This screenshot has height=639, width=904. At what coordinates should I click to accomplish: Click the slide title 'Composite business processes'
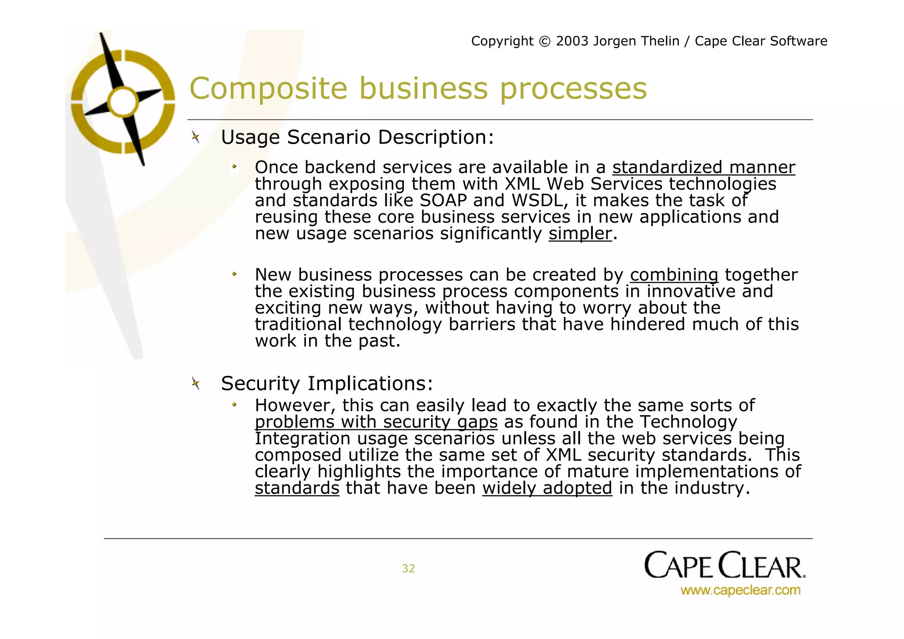[x=418, y=88]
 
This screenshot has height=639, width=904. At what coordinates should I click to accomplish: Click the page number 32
[x=408, y=568]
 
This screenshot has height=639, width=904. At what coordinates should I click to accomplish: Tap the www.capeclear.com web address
[x=740, y=590]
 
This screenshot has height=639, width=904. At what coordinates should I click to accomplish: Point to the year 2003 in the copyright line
[x=572, y=41]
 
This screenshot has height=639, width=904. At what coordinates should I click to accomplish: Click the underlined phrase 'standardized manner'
[x=703, y=168]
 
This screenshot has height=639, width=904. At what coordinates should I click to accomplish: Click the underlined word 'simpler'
[x=580, y=234]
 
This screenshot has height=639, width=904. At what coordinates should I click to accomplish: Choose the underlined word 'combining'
[x=674, y=275]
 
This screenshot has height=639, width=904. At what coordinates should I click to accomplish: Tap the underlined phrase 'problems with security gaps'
[x=376, y=422]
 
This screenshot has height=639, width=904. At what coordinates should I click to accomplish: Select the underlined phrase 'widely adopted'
[x=547, y=488]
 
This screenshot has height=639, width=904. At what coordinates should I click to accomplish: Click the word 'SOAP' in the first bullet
[x=443, y=201]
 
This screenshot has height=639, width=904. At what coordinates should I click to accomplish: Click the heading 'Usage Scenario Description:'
[x=357, y=137]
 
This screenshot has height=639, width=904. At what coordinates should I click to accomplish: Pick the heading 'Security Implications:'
[x=327, y=383]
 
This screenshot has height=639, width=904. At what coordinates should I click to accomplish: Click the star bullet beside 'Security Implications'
[x=196, y=383]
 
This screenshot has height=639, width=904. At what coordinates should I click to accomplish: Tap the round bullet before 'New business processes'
[x=234, y=275]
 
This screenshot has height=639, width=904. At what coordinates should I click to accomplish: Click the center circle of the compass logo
[x=123, y=102]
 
